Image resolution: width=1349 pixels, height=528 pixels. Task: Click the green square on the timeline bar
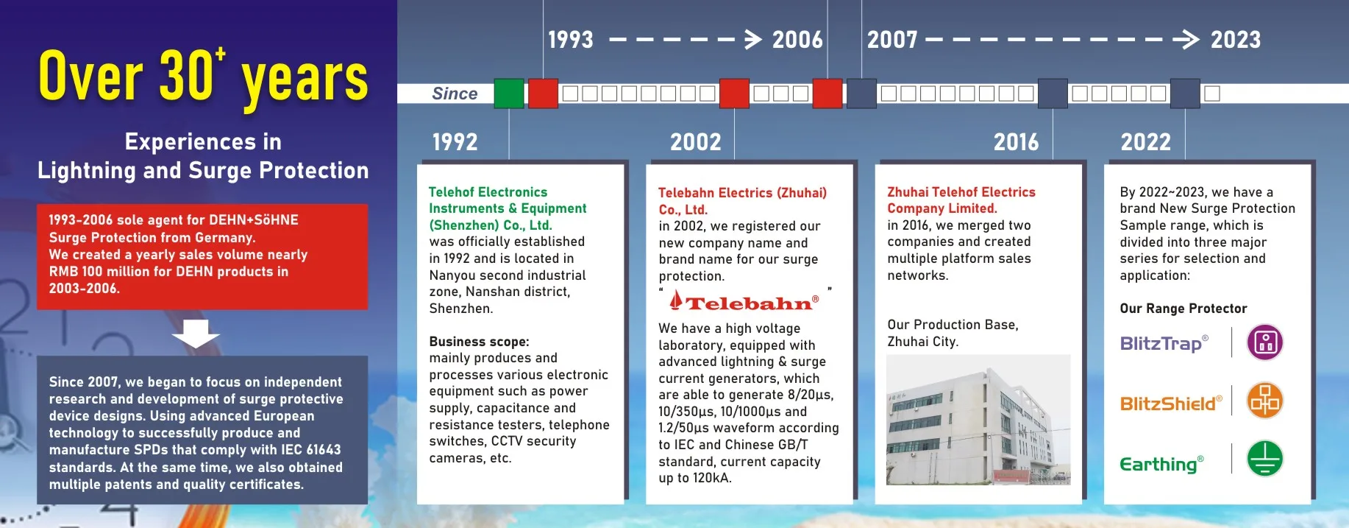point(509,94)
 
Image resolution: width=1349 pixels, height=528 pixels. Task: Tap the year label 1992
point(455,141)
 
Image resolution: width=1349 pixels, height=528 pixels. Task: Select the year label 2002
point(695,141)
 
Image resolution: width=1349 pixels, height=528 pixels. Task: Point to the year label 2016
point(1016,141)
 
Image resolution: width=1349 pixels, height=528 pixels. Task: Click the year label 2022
point(1145,141)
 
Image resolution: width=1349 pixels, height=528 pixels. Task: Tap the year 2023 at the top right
point(1235,40)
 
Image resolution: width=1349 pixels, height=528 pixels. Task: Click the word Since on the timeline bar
point(455,94)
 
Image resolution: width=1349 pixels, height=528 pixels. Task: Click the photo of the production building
point(978,420)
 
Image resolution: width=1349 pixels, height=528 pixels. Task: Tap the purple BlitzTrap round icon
point(1265,342)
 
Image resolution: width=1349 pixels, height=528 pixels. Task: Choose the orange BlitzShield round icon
point(1265,401)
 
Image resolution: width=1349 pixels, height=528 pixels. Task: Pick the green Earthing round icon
point(1265,459)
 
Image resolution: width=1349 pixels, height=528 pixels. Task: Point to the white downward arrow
point(196,334)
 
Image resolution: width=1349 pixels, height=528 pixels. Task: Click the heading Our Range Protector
point(1183,309)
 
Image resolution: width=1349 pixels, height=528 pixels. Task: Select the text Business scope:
point(479,342)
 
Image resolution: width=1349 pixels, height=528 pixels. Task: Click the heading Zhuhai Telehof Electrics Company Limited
point(961,200)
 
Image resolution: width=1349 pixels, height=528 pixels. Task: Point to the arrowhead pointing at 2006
point(752,40)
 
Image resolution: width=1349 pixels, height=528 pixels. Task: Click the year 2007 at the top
point(891,40)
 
